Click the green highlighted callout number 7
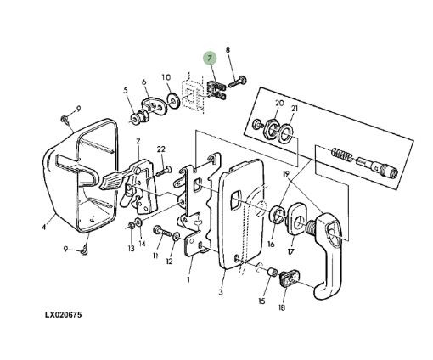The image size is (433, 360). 210,59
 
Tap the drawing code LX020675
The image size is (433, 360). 63,315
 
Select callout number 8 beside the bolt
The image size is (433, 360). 228,50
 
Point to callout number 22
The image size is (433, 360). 161,149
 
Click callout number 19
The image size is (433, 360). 286,173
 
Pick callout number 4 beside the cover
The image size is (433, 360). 43,227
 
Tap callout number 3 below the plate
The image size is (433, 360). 221,292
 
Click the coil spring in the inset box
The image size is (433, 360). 341,155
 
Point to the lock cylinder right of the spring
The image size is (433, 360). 376,167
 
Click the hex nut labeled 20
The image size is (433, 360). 272,130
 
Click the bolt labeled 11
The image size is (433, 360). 163,232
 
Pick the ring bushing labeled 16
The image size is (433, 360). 276,214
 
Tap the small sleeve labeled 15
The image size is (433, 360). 273,272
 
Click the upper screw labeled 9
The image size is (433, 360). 65,119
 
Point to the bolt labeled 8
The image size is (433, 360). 237,82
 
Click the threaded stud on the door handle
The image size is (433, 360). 311,228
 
